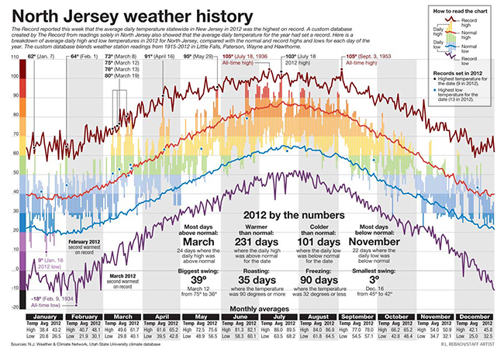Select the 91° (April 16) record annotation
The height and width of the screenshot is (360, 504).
[x=159, y=57]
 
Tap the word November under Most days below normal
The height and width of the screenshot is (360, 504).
[x=389, y=241]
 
